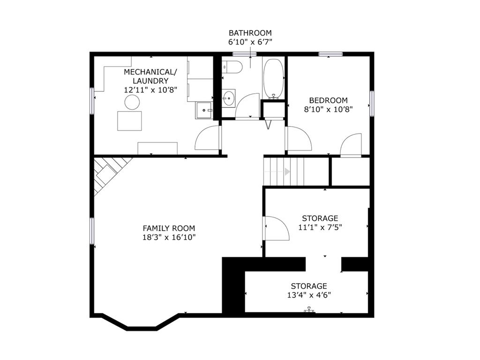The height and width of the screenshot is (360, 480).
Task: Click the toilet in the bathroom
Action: pyautogui.click(x=232, y=67)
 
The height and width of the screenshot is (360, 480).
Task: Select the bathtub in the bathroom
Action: pyautogui.click(x=274, y=78)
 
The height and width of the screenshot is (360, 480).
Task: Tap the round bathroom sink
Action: pyautogui.click(x=228, y=98)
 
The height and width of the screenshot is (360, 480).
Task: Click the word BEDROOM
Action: pyautogui.click(x=328, y=100)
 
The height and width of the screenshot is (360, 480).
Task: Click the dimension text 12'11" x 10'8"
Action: pyautogui.click(x=150, y=90)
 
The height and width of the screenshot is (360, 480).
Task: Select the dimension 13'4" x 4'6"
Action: pyautogui.click(x=309, y=295)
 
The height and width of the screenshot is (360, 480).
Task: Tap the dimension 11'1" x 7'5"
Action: pyautogui.click(x=320, y=227)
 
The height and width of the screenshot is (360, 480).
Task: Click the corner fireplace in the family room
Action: pyautogui.click(x=109, y=174)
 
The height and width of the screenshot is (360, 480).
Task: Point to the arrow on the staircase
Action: pyautogui.click(x=287, y=172)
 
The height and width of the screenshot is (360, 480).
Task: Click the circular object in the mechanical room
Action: pyautogui.click(x=132, y=102)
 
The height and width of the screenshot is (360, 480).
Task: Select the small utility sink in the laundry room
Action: pyautogui.click(x=204, y=110)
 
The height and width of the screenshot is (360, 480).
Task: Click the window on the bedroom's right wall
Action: pyautogui.click(x=372, y=104)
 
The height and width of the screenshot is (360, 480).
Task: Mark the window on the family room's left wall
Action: pyautogui.click(x=92, y=231)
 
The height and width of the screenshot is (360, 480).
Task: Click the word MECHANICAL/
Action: pyautogui.click(x=150, y=72)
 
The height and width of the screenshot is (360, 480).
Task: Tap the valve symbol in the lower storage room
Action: pyautogui.click(x=309, y=309)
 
